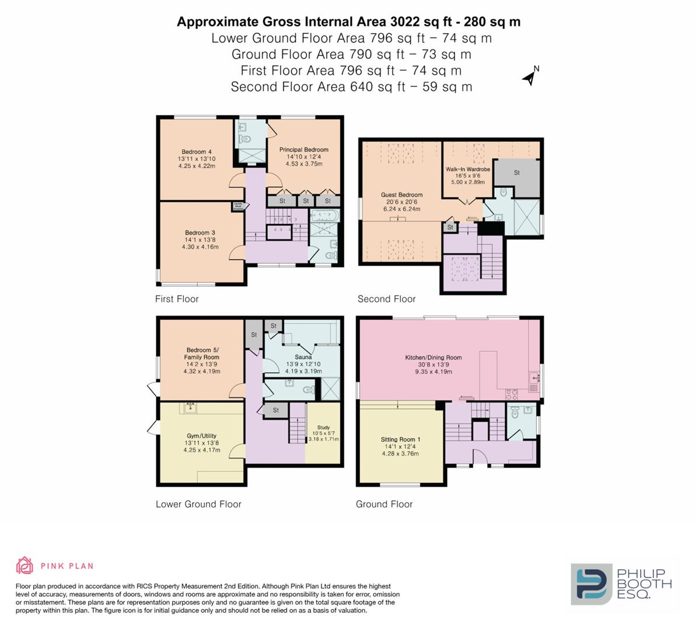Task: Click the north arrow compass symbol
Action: pos(530,76)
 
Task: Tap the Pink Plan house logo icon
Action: pos(25,565)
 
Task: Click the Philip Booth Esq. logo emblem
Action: pos(591,583)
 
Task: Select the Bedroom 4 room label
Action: pos(197,152)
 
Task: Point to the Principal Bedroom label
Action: pos(303,149)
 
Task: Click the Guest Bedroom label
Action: pos(401,195)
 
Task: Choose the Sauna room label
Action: pos(303,356)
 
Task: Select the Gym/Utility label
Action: pos(202,436)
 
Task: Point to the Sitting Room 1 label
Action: pos(400,439)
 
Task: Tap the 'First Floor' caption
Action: pos(177,299)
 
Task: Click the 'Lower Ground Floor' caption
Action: pos(198,504)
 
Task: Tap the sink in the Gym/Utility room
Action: pos(191,407)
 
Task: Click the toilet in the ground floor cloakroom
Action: pos(514,414)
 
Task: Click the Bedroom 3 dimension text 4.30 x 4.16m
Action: pos(200,247)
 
